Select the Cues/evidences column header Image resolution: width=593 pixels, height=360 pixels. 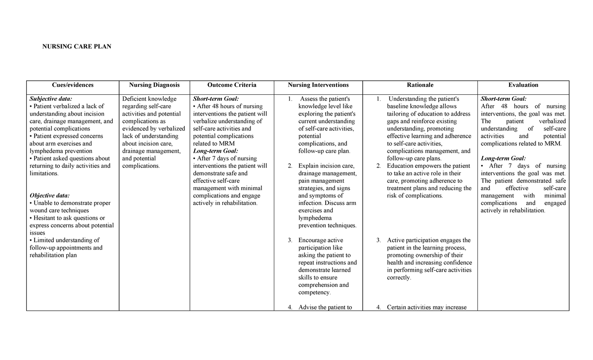point(73,85)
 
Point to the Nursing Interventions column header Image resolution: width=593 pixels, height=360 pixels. point(318,85)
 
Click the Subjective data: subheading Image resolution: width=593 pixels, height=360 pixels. point(51,99)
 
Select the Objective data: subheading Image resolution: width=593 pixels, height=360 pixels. point(50,196)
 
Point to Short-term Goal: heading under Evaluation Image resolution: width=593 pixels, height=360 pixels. point(504,99)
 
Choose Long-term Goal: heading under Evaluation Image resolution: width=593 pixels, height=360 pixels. point(503,158)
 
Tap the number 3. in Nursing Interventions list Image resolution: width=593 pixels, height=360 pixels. point(290,240)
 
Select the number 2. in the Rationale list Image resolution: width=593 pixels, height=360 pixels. point(378,166)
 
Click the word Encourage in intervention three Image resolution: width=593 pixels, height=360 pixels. point(313,240)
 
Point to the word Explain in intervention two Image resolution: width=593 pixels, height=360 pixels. point(308,166)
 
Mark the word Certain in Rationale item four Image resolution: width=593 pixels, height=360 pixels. point(398,307)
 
